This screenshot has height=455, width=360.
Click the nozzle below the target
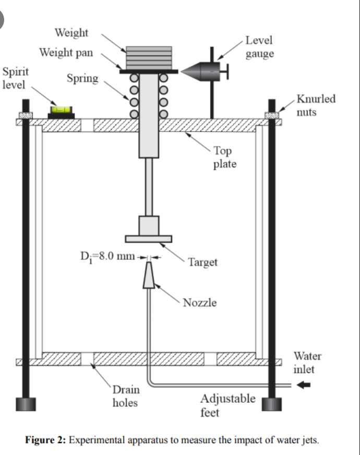[149, 275]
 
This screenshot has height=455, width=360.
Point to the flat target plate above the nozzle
[148, 239]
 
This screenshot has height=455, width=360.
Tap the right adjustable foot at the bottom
[271, 404]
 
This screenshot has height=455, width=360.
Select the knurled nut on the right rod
[271, 115]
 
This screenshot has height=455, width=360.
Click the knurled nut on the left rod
[25, 115]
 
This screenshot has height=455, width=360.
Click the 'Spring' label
[82, 79]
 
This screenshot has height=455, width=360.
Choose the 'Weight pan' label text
[66, 53]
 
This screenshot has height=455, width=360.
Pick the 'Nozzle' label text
[199, 303]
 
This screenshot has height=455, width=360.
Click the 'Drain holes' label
[125, 396]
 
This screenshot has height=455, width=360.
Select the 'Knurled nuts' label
[315, 105]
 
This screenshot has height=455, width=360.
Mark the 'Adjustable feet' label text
[227, 405]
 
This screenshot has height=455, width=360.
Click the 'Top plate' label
[224, 157]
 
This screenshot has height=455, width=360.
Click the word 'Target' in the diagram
[202, 262]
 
